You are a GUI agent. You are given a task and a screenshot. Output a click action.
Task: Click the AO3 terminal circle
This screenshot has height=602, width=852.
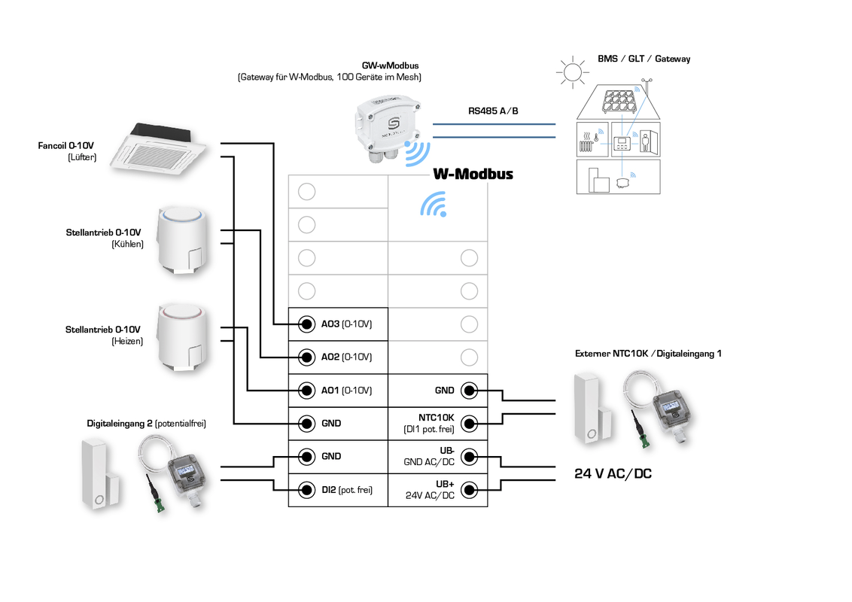306,324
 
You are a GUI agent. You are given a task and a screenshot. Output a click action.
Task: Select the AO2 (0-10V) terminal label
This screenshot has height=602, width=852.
347,357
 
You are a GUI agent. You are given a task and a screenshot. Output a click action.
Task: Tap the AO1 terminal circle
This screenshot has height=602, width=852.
306,391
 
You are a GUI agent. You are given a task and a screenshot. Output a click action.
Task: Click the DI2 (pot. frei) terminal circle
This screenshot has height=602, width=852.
306,490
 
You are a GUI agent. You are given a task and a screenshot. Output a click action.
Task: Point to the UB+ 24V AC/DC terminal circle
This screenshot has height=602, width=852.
469,490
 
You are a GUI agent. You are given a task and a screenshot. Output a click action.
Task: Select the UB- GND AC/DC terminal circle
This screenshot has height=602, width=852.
469,457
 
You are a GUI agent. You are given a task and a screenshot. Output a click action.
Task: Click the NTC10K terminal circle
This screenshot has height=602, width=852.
469,424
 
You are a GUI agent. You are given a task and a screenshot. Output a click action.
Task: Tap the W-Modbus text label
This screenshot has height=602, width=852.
473,175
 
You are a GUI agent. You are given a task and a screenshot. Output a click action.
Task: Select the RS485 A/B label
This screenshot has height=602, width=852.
493,111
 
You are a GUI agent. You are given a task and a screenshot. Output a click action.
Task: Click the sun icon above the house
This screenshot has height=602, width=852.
571,72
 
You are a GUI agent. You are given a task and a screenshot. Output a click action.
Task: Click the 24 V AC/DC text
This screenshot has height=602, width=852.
612,474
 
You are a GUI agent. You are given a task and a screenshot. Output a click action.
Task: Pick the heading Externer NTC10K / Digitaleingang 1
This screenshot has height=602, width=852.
648,354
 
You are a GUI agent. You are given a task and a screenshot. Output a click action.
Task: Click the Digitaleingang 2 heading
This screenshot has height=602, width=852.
146,424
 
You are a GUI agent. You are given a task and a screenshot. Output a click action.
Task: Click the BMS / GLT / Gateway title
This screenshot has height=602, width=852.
644,59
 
